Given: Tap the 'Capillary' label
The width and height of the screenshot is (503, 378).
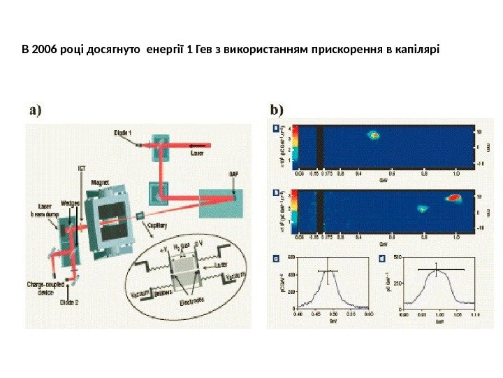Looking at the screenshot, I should click(x=160, y=225).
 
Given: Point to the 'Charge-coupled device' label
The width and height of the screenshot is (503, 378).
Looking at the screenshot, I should click(x=44, y=288).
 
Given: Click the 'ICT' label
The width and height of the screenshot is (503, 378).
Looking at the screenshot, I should click(x=82, y=168).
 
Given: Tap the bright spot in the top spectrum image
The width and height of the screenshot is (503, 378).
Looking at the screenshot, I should click(x=374, y=134).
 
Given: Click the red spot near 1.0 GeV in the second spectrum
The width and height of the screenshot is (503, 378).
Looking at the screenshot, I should click(x=454, y=198).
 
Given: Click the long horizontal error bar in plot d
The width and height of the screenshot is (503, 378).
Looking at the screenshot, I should click(x=440, y=269).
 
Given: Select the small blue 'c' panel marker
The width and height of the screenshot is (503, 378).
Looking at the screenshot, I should click(x=274, y=258).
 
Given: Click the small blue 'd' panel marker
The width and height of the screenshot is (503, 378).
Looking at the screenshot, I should click(x=381, y=258).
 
